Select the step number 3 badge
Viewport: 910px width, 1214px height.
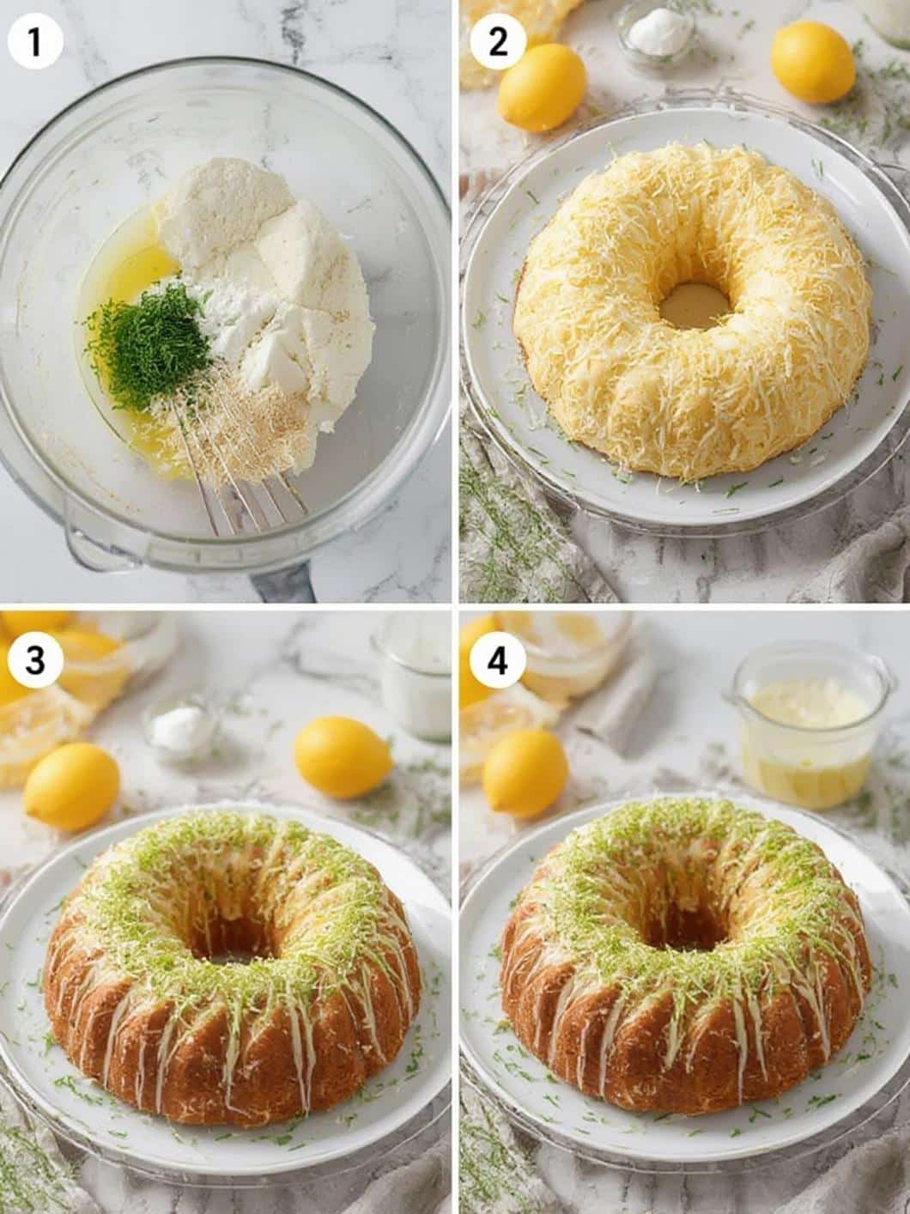point(35,659)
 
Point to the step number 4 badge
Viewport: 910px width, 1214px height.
point(500,659)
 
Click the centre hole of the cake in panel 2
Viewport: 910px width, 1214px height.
point(694,306)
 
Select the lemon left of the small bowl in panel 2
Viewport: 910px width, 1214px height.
point(543,87)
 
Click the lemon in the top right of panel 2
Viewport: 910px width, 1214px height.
point(812,63)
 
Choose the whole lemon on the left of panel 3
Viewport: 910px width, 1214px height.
point(71,786)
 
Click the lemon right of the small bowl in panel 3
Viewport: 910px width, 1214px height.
point(343,757)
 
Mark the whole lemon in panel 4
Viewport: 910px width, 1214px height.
point(525,773)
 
